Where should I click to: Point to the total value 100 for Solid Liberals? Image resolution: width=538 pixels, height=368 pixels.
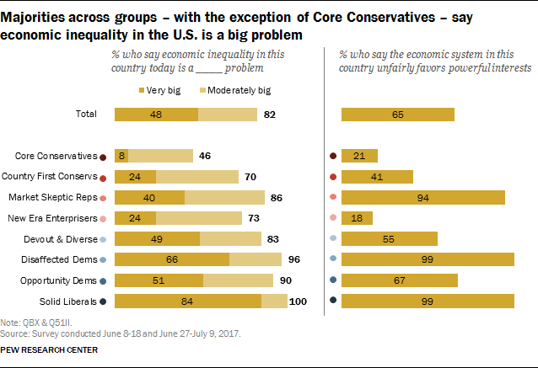[299, 301]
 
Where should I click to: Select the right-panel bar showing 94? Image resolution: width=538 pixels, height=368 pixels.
[422, 197]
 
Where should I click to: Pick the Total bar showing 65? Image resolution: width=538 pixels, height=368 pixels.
[397, 115]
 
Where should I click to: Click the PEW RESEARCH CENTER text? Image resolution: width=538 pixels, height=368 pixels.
[49, 349]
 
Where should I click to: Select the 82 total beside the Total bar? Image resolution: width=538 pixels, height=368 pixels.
[270, 115]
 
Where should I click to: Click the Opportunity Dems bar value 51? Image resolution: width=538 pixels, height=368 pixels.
[159, 280]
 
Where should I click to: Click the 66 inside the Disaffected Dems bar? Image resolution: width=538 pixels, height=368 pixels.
[171, 259]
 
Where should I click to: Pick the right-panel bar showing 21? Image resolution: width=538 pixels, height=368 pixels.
[359, 156]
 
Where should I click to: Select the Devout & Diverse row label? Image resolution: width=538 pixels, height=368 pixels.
[62, 238]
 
